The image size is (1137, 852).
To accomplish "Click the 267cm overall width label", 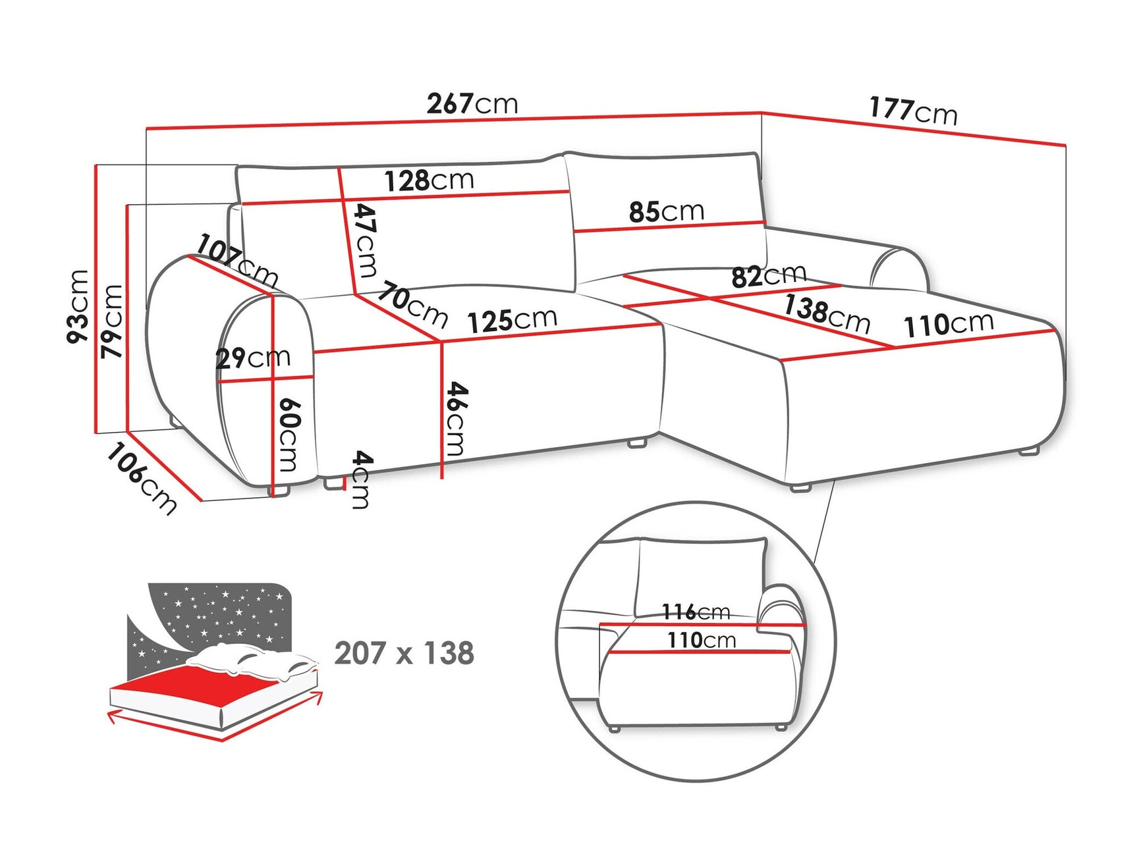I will pos(472,104).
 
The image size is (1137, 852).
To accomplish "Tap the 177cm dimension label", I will pos(912,111).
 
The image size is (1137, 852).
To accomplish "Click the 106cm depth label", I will pos(141,478).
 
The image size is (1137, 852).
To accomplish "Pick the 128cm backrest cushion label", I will pos(429,180).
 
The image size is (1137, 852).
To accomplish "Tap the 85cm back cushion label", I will pos(666,211).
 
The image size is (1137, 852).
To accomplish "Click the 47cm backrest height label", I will pos(366,240).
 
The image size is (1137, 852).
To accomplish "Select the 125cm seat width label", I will pos(512,320).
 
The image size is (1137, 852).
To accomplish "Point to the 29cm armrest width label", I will pos(253,358).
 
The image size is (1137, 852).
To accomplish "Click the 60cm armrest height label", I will pos(289,435).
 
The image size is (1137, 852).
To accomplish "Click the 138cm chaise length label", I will pos(827,313).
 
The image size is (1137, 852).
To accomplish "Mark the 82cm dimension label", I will pos(768,275).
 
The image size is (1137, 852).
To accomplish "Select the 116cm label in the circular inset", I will pos(696,612).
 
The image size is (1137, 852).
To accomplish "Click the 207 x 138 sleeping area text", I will pos(404,653).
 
